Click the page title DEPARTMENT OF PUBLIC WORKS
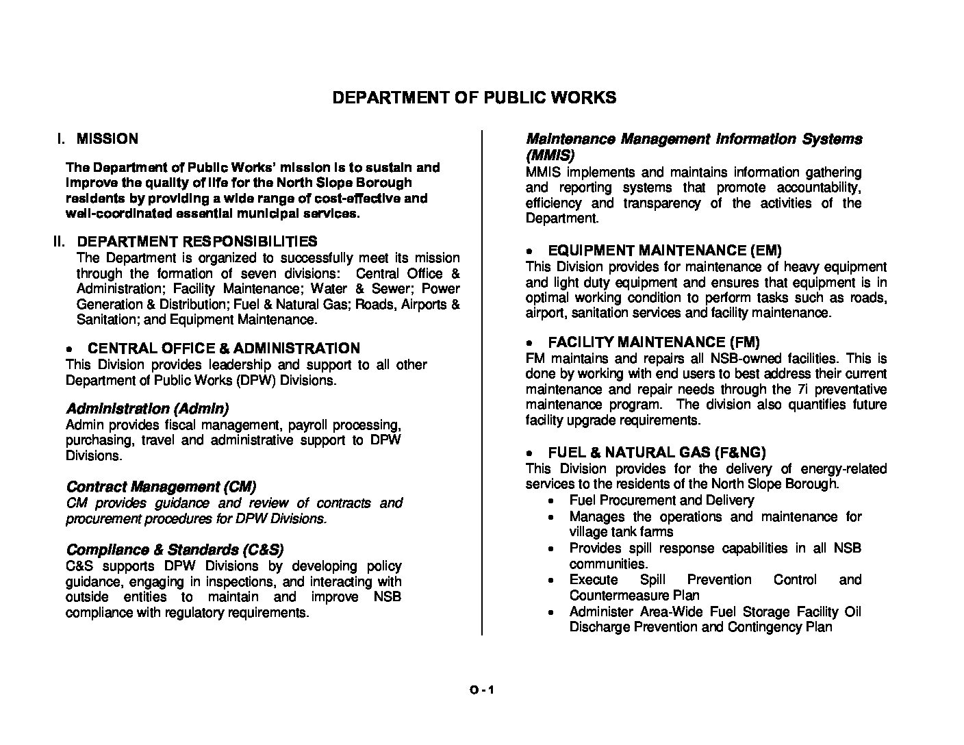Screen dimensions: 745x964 (474, 97)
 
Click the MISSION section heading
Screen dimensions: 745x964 (107, 139)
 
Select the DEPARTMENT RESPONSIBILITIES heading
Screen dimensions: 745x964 (196, 242)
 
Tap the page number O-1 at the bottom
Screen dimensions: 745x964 (481, 690)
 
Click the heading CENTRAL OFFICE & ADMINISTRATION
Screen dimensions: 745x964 (223, 349)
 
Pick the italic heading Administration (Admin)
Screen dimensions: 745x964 (147, 409)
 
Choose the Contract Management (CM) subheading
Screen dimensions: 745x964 (161, 487)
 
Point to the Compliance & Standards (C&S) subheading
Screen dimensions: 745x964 (175, 550)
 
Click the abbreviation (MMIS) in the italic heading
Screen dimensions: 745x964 (550, 155)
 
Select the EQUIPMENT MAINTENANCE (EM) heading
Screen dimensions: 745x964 (664, 251)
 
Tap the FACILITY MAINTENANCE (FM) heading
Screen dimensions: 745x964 (653, 342)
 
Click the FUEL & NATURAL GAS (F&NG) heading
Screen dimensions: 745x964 (657, 453)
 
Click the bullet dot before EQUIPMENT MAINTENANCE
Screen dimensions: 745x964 (529, 252)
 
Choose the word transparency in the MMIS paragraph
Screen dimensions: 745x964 (660, 203)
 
